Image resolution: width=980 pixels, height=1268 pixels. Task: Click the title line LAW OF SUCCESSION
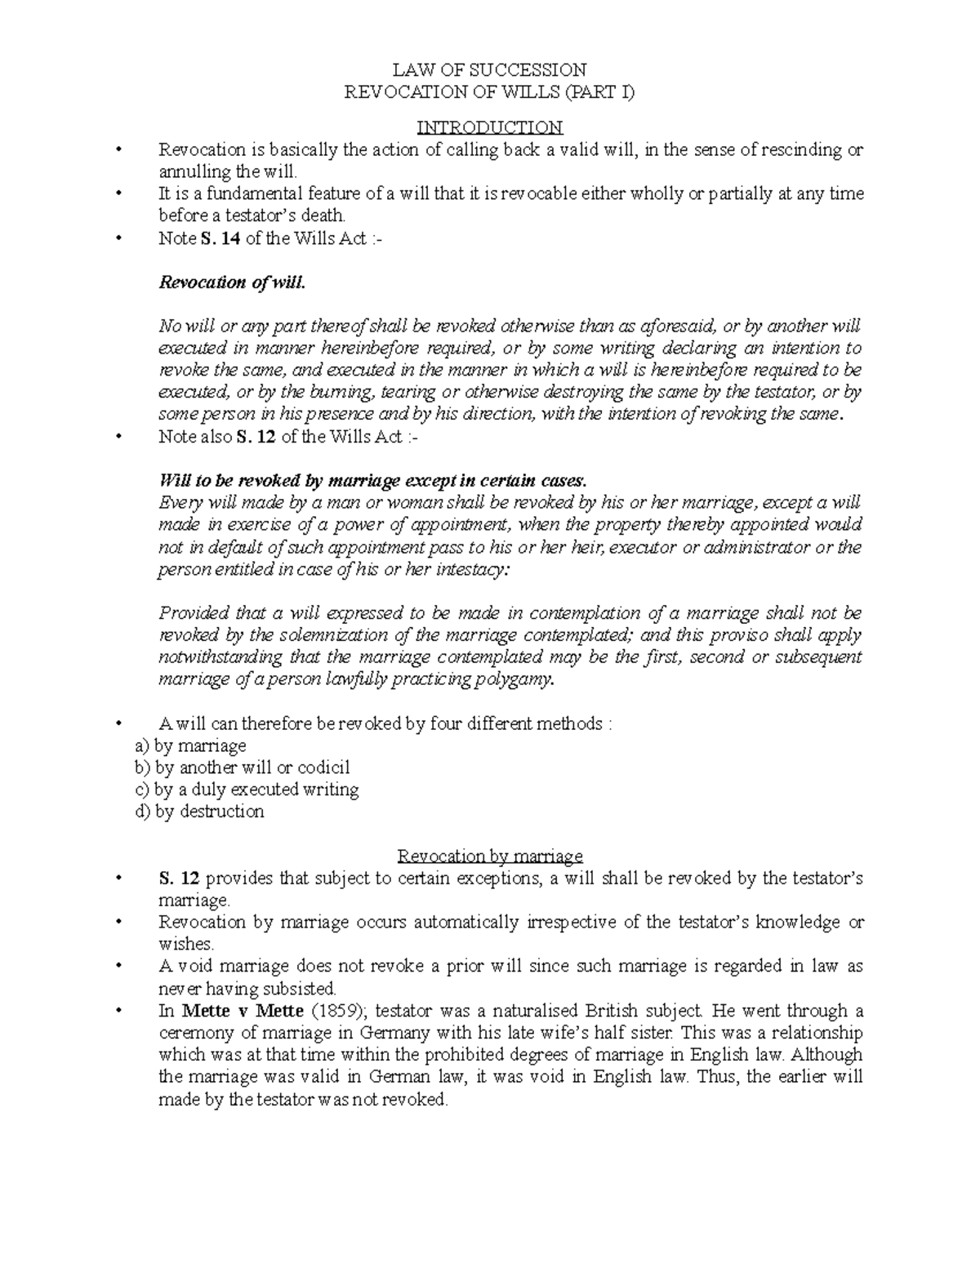pos(489,69)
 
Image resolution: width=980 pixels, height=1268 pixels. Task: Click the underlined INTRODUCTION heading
pos(489,128)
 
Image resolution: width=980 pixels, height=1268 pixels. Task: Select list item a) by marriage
pos(189,745)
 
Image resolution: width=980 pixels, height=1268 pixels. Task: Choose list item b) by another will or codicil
pos(242,767)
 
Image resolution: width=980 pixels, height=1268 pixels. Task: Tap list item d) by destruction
pos(198,812)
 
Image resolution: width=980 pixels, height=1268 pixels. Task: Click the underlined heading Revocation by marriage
pos(489,856)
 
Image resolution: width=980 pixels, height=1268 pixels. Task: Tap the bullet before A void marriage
pos(120,967)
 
